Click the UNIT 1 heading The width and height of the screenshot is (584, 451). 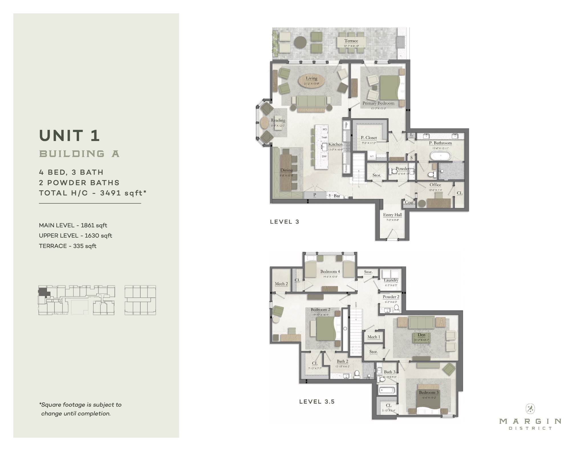(69, 136)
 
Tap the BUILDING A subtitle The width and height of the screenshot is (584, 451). (79, 154)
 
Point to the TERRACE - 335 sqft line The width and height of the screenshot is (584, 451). (68, 246)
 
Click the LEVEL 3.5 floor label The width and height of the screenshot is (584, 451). (317, 402)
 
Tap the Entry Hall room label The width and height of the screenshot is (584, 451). (392, 215)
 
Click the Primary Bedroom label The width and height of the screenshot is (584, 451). (378, 103)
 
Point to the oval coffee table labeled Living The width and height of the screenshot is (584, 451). (311, 81)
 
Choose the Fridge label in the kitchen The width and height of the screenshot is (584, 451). (346, 125)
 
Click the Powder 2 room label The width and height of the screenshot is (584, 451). (391, 297)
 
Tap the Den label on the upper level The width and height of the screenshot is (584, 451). (421, 335)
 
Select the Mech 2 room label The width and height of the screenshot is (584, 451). (281, 284)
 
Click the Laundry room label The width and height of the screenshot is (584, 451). (391, 280)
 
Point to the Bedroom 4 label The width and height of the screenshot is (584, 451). (330, 272)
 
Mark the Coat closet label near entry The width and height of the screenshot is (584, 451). (409, 202)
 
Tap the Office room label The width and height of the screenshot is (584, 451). (435, 185)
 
